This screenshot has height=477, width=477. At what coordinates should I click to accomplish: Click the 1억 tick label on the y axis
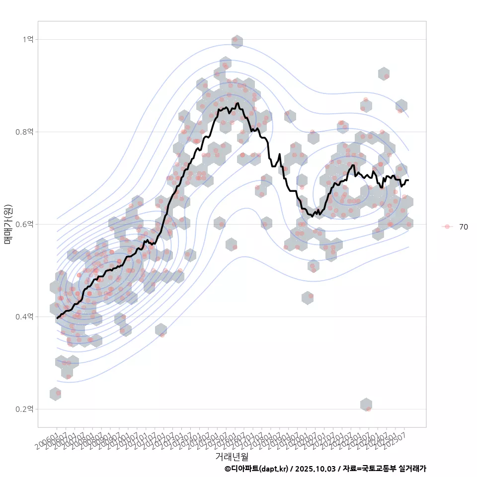point(28,39)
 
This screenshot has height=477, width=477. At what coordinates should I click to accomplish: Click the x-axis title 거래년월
point(232,456)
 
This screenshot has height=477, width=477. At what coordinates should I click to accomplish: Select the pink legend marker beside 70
point(447,227)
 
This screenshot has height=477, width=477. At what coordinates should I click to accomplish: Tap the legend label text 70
point(463,227)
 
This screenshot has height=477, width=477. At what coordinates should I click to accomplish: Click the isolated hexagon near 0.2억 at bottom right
point(366,405)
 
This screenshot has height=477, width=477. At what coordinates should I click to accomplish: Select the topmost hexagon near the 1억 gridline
point(237,42)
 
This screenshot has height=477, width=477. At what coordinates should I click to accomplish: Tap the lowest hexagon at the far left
point(56,394)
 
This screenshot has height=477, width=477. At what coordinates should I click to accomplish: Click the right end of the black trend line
point(408,180)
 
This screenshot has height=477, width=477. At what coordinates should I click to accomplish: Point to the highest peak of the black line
point(238,103)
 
